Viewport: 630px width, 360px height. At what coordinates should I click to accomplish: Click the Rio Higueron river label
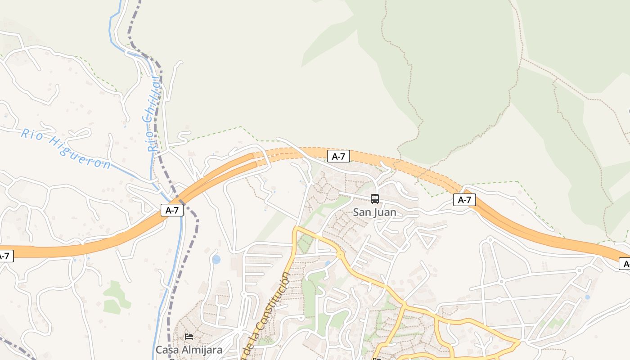click(66, 148)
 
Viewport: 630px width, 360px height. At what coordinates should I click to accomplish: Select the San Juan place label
click(374, 212)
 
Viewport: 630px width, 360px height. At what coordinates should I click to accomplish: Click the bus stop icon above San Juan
click(374, 198)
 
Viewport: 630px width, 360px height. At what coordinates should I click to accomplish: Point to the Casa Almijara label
click(189, 349)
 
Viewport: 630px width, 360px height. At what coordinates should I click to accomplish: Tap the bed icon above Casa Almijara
click(189, 336)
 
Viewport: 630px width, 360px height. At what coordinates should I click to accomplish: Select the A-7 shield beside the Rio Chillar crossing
click(172, 210)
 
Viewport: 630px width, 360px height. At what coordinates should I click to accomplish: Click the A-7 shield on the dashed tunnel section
click(338, 156)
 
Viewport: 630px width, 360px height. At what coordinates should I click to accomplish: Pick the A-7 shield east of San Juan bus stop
click(464, 200)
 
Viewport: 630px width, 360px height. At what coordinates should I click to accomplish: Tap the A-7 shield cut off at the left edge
click(5, 256)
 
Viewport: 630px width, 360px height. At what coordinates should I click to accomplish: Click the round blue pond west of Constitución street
click(216, 259)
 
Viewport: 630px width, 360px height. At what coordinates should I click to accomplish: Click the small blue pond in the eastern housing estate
click(587, 297)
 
